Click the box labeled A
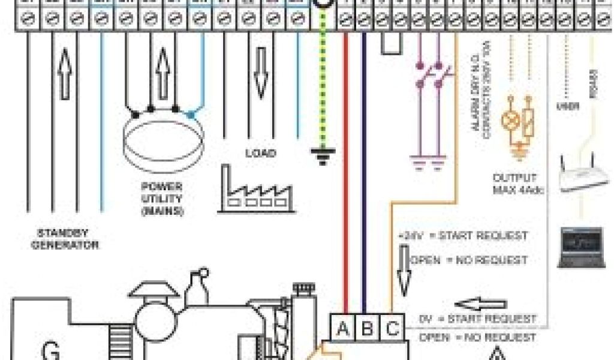[x=343, y=329]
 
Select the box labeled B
[x=368, y=329]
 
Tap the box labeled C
[x=392, y=329]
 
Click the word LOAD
[x=260, y=153]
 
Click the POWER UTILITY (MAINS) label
[x=162, y=198]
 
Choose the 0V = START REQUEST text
[x=477, y=318]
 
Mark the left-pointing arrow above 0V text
[x=480, y=304]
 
